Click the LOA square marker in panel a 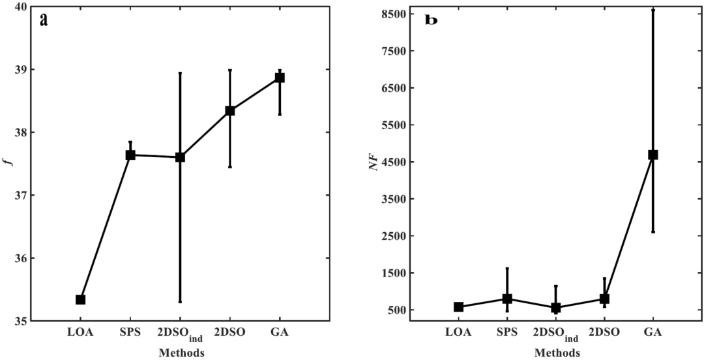80,299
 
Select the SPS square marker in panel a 130,155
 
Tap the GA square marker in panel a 280,78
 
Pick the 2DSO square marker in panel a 230,111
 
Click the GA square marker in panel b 653,155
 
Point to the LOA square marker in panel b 458,307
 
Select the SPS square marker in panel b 507,299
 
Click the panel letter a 44,20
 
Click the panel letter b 432,20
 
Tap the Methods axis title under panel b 557,353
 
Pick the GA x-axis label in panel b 653,333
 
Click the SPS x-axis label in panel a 130,333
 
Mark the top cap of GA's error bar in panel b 653,10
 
